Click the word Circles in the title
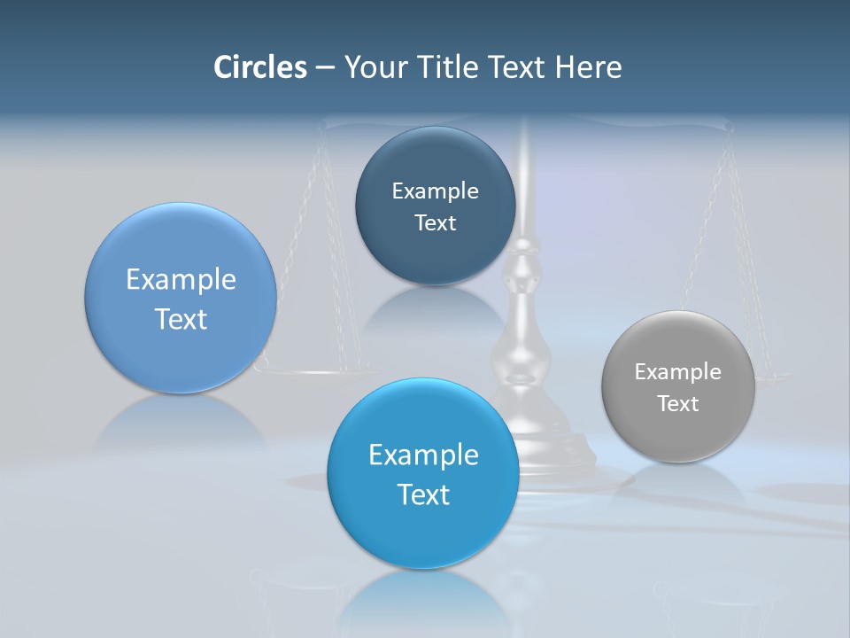point(260,67)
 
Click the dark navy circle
point(435,206)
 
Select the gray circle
point(678,386)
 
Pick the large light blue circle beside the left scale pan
point(181,298)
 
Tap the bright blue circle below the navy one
point(423,473)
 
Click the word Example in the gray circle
point(678,372)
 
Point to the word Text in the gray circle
point(678,404)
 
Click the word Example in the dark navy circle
point(435,191)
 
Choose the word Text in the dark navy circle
point(435,223)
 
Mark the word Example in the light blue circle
point(181,280)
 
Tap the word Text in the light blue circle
point(181,319)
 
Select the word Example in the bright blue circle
point(423,455)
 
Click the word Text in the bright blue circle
point(423,494)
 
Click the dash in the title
point(325,68)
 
